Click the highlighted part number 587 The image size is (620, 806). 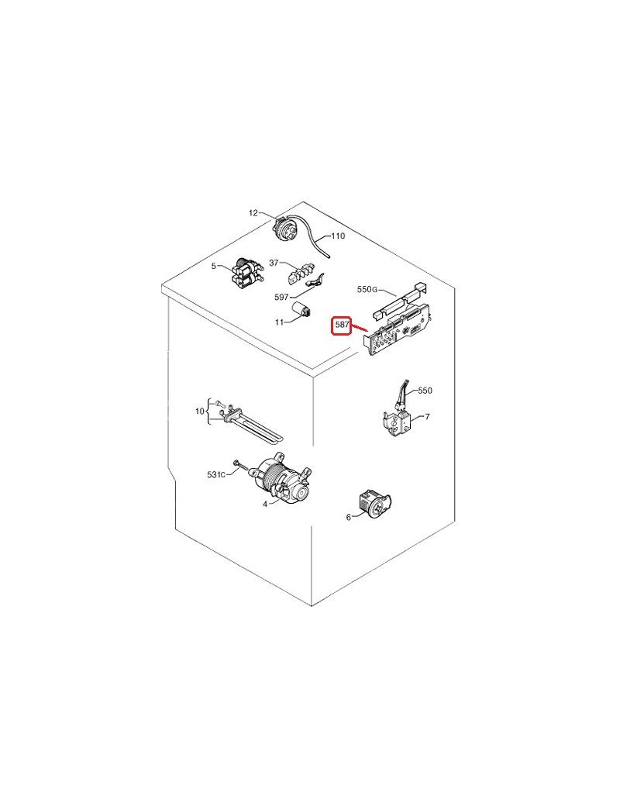point(342,325)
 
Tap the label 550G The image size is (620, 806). point(367,289)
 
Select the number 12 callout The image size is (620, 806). point(253,213)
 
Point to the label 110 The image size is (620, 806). point(338,236)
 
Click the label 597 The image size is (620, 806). point(282,297)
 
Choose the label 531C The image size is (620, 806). point(216,474)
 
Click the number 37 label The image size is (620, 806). point(274,263)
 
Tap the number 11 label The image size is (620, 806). point(279,322)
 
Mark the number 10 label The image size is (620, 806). point(199,412)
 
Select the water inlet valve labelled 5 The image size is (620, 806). point(246,273)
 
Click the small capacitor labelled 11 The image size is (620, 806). point(301,310)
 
